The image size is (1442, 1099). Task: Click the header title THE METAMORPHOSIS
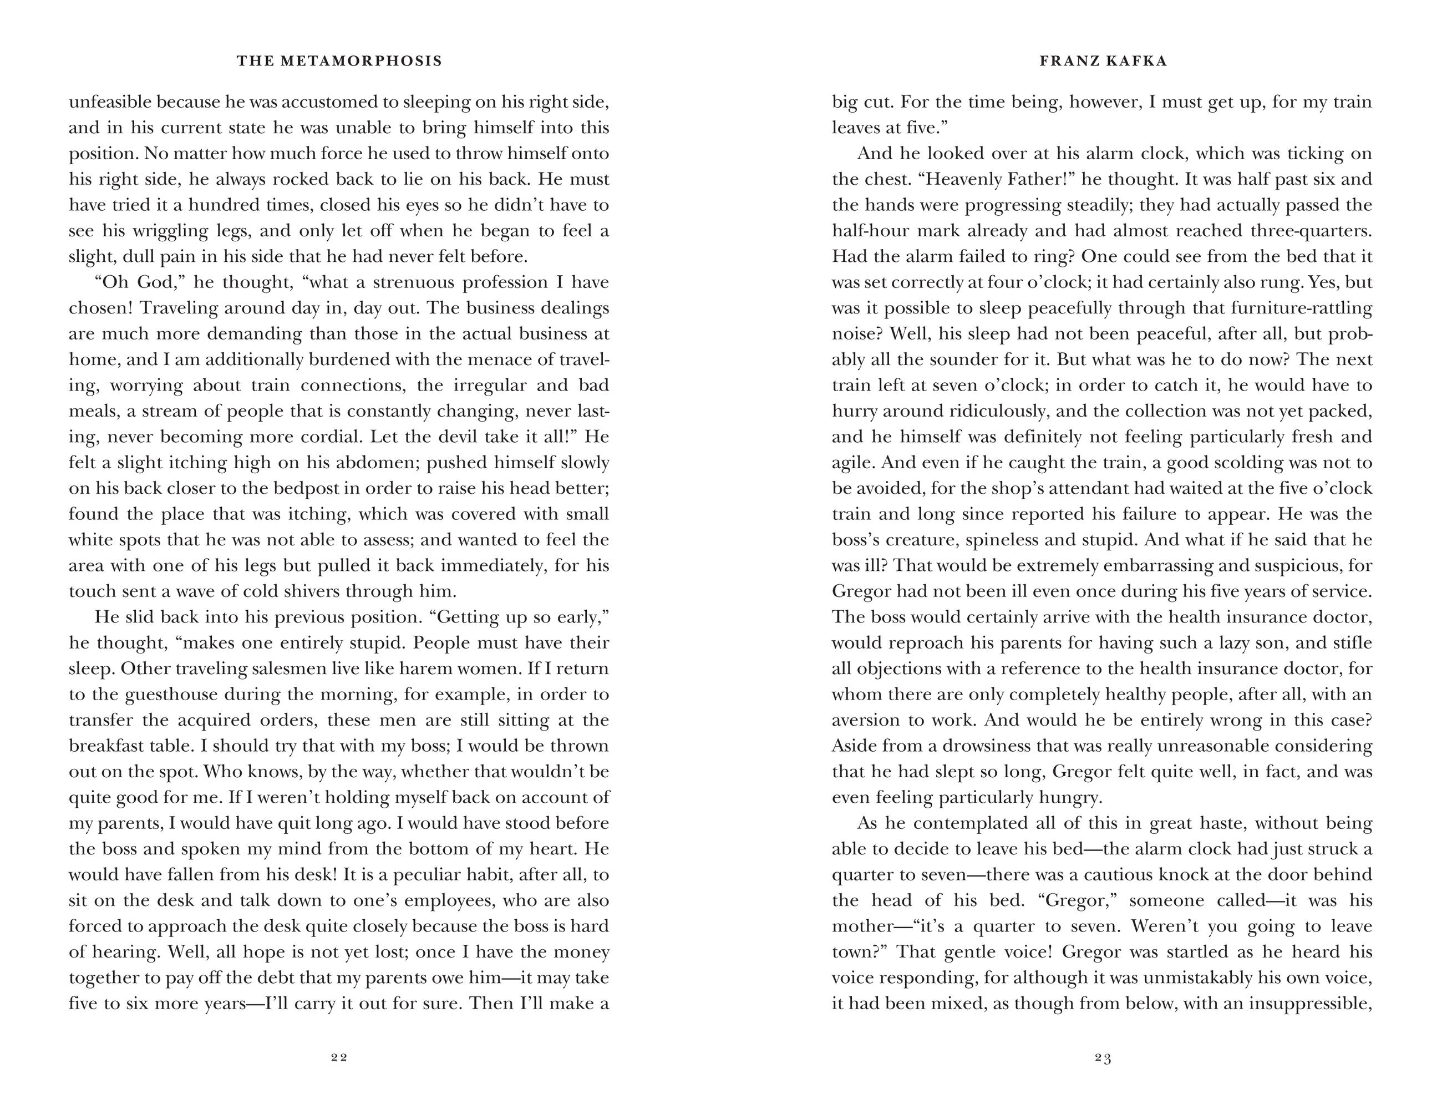click(339, 62)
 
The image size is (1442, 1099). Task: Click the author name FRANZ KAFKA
click(1103, 62)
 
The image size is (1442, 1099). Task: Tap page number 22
click(339, 1057)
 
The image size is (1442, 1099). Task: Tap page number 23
click(1103, 1057)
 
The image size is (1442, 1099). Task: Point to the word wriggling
click(208, 231)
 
